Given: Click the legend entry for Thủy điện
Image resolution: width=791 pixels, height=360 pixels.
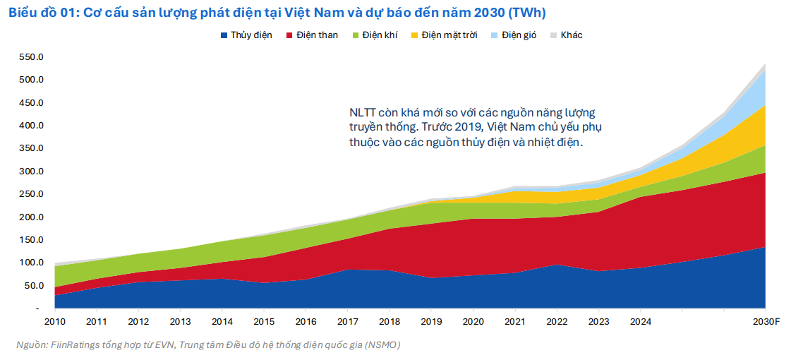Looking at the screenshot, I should (246, 35).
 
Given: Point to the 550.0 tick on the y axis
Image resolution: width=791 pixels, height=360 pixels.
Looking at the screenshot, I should (32, 57).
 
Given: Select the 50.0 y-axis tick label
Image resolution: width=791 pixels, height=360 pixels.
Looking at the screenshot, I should (34, 286).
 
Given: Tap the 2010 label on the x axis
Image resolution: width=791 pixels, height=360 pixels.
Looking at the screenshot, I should (55, 321).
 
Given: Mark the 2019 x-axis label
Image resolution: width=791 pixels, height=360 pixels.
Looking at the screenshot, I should (431, 321).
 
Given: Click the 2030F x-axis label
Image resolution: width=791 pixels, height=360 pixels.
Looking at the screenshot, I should (766, 321).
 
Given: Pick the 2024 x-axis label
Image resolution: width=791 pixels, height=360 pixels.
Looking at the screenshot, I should (640, 321).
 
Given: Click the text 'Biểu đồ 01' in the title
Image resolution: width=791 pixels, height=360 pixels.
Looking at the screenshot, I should (39, 13).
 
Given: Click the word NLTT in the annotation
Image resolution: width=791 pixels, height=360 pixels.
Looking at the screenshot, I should (363, 113).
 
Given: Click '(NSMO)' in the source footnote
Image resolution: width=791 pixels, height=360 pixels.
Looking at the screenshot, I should (384, 345).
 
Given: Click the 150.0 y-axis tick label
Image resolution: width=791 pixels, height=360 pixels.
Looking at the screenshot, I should (32, 240).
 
